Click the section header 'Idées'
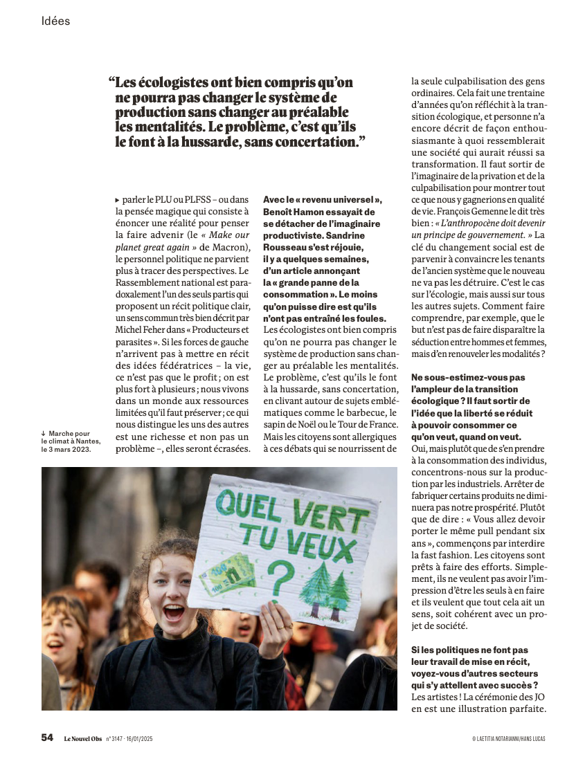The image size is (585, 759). point(56,21)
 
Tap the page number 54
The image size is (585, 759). point(47,738)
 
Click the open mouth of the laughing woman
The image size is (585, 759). point(174,611)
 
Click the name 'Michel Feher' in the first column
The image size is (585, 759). point(136,329)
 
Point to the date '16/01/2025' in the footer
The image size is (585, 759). point(138,739)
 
